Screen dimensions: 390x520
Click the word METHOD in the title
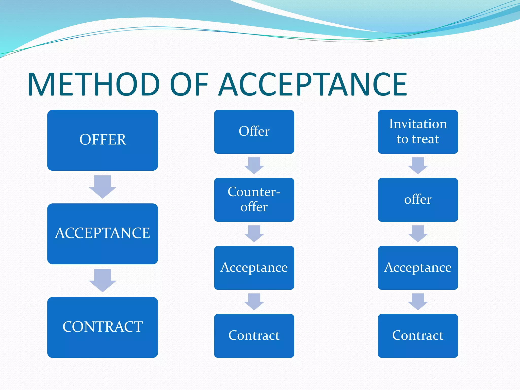[94, 85]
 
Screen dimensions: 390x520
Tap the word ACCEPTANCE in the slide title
[313, 85]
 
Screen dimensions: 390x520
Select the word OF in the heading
[188, 85]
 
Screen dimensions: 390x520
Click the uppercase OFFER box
[103, 140]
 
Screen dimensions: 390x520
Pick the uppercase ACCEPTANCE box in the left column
[103, 234]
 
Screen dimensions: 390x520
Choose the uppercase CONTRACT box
[103, 327]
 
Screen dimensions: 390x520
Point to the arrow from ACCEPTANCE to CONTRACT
[103, 280]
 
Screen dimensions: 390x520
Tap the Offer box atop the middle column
[254, 132]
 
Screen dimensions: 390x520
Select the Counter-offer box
[254, 200]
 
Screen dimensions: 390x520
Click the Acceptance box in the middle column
[254, 268]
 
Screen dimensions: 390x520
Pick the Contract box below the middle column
[254, 336]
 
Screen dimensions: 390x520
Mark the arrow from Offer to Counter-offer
[254, 165]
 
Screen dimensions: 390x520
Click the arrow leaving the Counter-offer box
[254, 233]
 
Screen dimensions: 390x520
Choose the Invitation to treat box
[418, 132]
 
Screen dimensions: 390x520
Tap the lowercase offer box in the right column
[418, 200]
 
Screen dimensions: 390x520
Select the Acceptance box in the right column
[418, 268]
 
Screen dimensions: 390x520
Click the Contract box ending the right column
[418, 336]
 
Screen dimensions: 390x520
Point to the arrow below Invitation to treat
[418, 165]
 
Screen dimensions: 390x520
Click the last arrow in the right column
[418, 301]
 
